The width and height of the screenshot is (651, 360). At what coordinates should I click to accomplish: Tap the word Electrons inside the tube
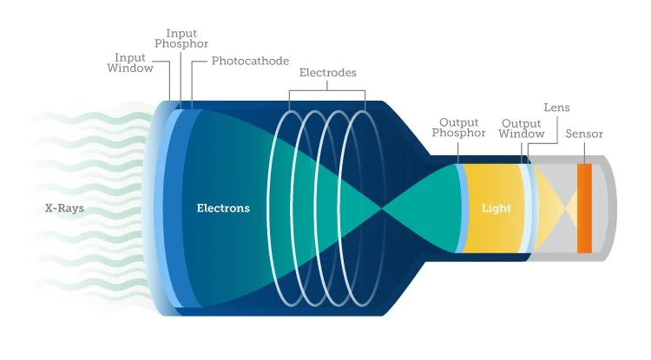click(223, 208)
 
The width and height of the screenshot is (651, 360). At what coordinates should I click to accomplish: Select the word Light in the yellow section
click(496, 208)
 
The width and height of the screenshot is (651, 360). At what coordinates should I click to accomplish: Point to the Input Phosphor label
click(181, 37)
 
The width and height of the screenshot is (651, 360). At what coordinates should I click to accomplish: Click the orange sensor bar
click(584, 208)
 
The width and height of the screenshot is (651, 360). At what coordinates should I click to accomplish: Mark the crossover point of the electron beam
click(382, 208)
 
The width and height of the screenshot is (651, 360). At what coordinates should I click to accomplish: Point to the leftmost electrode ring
click(292, 208)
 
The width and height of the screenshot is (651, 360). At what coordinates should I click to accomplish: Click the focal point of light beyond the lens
click(566, 208)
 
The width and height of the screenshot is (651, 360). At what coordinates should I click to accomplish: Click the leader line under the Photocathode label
click(192, 82)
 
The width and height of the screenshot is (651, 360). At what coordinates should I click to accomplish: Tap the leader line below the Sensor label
click(584, 151)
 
